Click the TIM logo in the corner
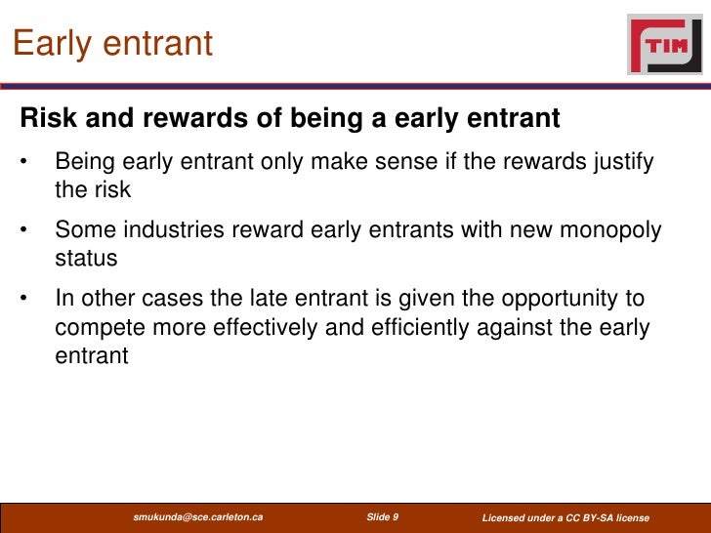[664, 44]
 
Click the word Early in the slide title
[49, 44]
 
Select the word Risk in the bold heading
[48, 119]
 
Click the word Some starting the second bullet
[82, 230]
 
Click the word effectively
[262, 328]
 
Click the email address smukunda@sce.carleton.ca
[197, 516]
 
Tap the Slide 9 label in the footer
[382, 516]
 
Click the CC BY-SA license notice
[565, 516]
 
